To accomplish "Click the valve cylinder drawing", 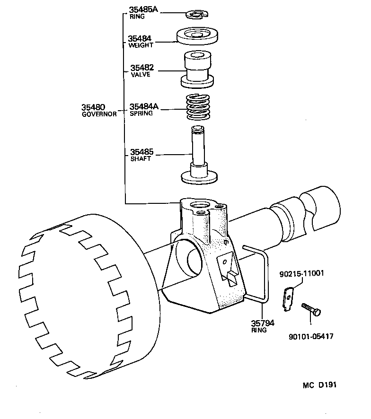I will pos(196,69).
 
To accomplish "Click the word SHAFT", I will pos(140,159).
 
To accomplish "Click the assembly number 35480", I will pos(93,107).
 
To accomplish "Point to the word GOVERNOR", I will pos(99,114).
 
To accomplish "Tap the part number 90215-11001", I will pos(301,274).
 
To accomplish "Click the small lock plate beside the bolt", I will pos(288,300).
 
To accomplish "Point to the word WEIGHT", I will pos(141,46).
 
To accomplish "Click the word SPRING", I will pos(141,113).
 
